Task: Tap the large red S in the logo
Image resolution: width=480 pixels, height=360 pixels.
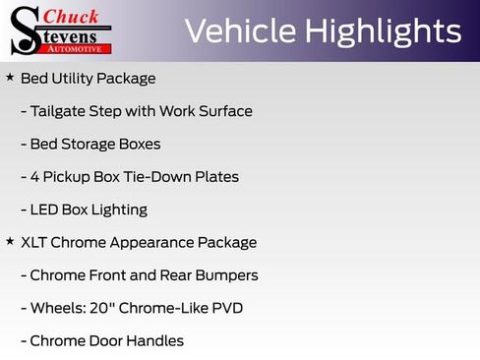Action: point(26,30)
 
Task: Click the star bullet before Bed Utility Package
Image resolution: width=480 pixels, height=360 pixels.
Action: point(10,77)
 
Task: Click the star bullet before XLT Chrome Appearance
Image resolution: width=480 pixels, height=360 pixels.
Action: point(10,241)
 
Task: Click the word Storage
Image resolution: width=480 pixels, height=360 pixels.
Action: point(84,144)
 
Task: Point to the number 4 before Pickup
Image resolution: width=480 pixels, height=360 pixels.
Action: point(35,177)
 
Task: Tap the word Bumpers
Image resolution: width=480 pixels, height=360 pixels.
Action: point(224,275)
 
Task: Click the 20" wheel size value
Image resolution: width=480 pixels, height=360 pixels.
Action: point(101,308)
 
